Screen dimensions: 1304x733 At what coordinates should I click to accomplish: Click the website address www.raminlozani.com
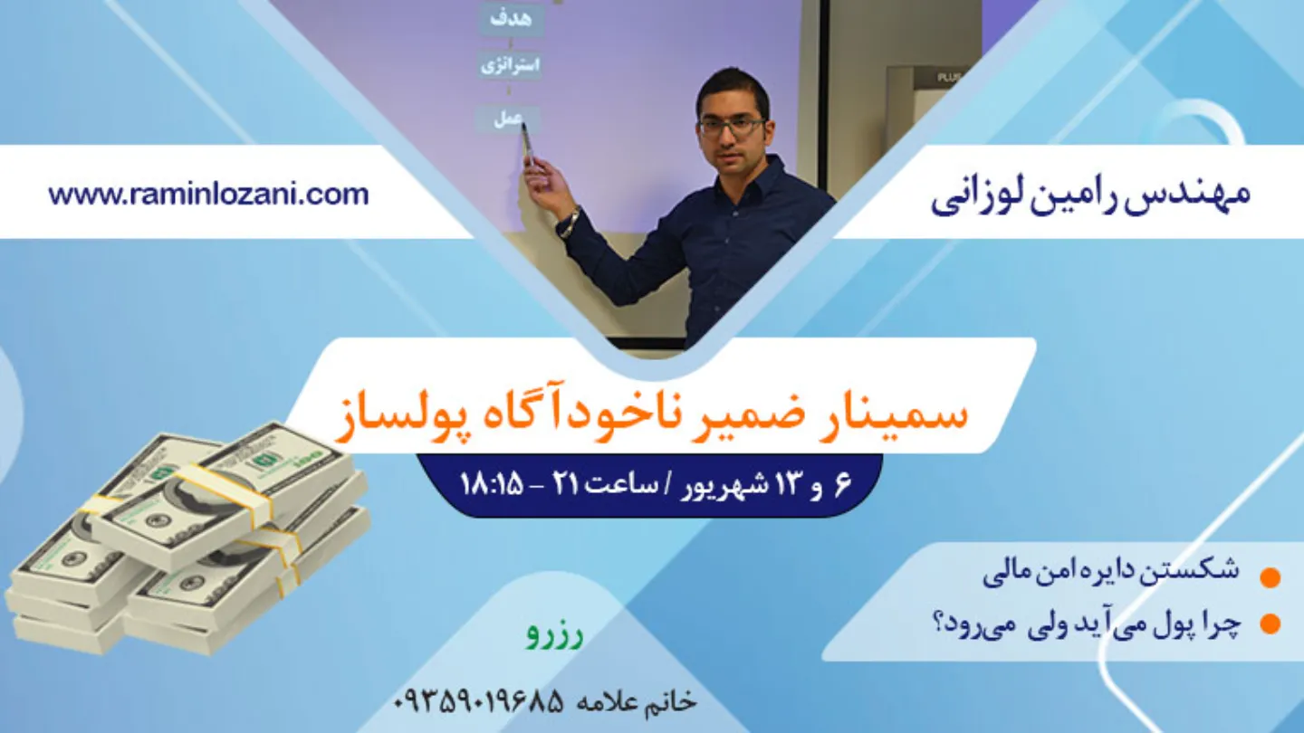(208, 195)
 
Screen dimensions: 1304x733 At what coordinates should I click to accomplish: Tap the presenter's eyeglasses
(731, 127)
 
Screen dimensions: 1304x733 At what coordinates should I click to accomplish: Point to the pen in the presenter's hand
(527, 143)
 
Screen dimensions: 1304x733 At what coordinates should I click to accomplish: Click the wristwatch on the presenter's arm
(572, 222)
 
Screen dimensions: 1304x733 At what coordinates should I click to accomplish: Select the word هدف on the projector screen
(511, 19)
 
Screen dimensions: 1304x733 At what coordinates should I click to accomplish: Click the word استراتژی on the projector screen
(510, 64)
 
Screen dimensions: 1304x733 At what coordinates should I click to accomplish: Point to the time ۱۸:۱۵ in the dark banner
(493, 485)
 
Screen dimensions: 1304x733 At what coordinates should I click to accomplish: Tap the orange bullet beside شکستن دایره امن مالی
(1270, 577)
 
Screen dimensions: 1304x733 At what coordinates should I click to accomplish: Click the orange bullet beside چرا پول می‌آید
(1270, 624)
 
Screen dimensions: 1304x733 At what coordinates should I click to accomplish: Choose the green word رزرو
(555, 636)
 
